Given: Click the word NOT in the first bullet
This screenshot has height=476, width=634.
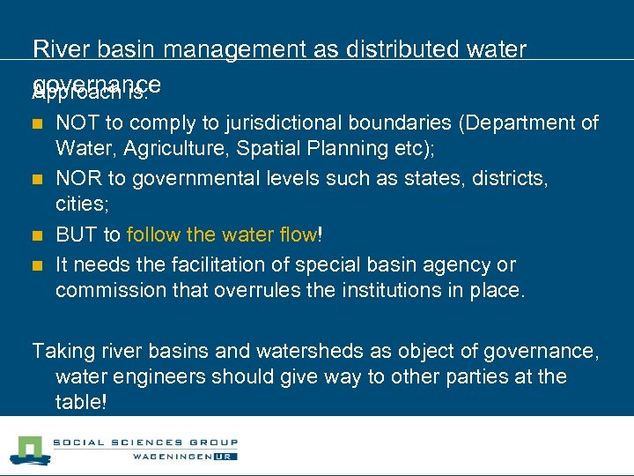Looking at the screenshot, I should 76,123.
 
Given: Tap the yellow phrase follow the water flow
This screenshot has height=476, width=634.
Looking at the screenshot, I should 222,234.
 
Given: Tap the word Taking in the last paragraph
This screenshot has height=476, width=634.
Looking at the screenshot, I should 62,351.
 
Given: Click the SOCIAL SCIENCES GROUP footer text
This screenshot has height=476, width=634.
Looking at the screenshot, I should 145,443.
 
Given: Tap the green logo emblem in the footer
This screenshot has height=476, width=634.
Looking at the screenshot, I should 28,450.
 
